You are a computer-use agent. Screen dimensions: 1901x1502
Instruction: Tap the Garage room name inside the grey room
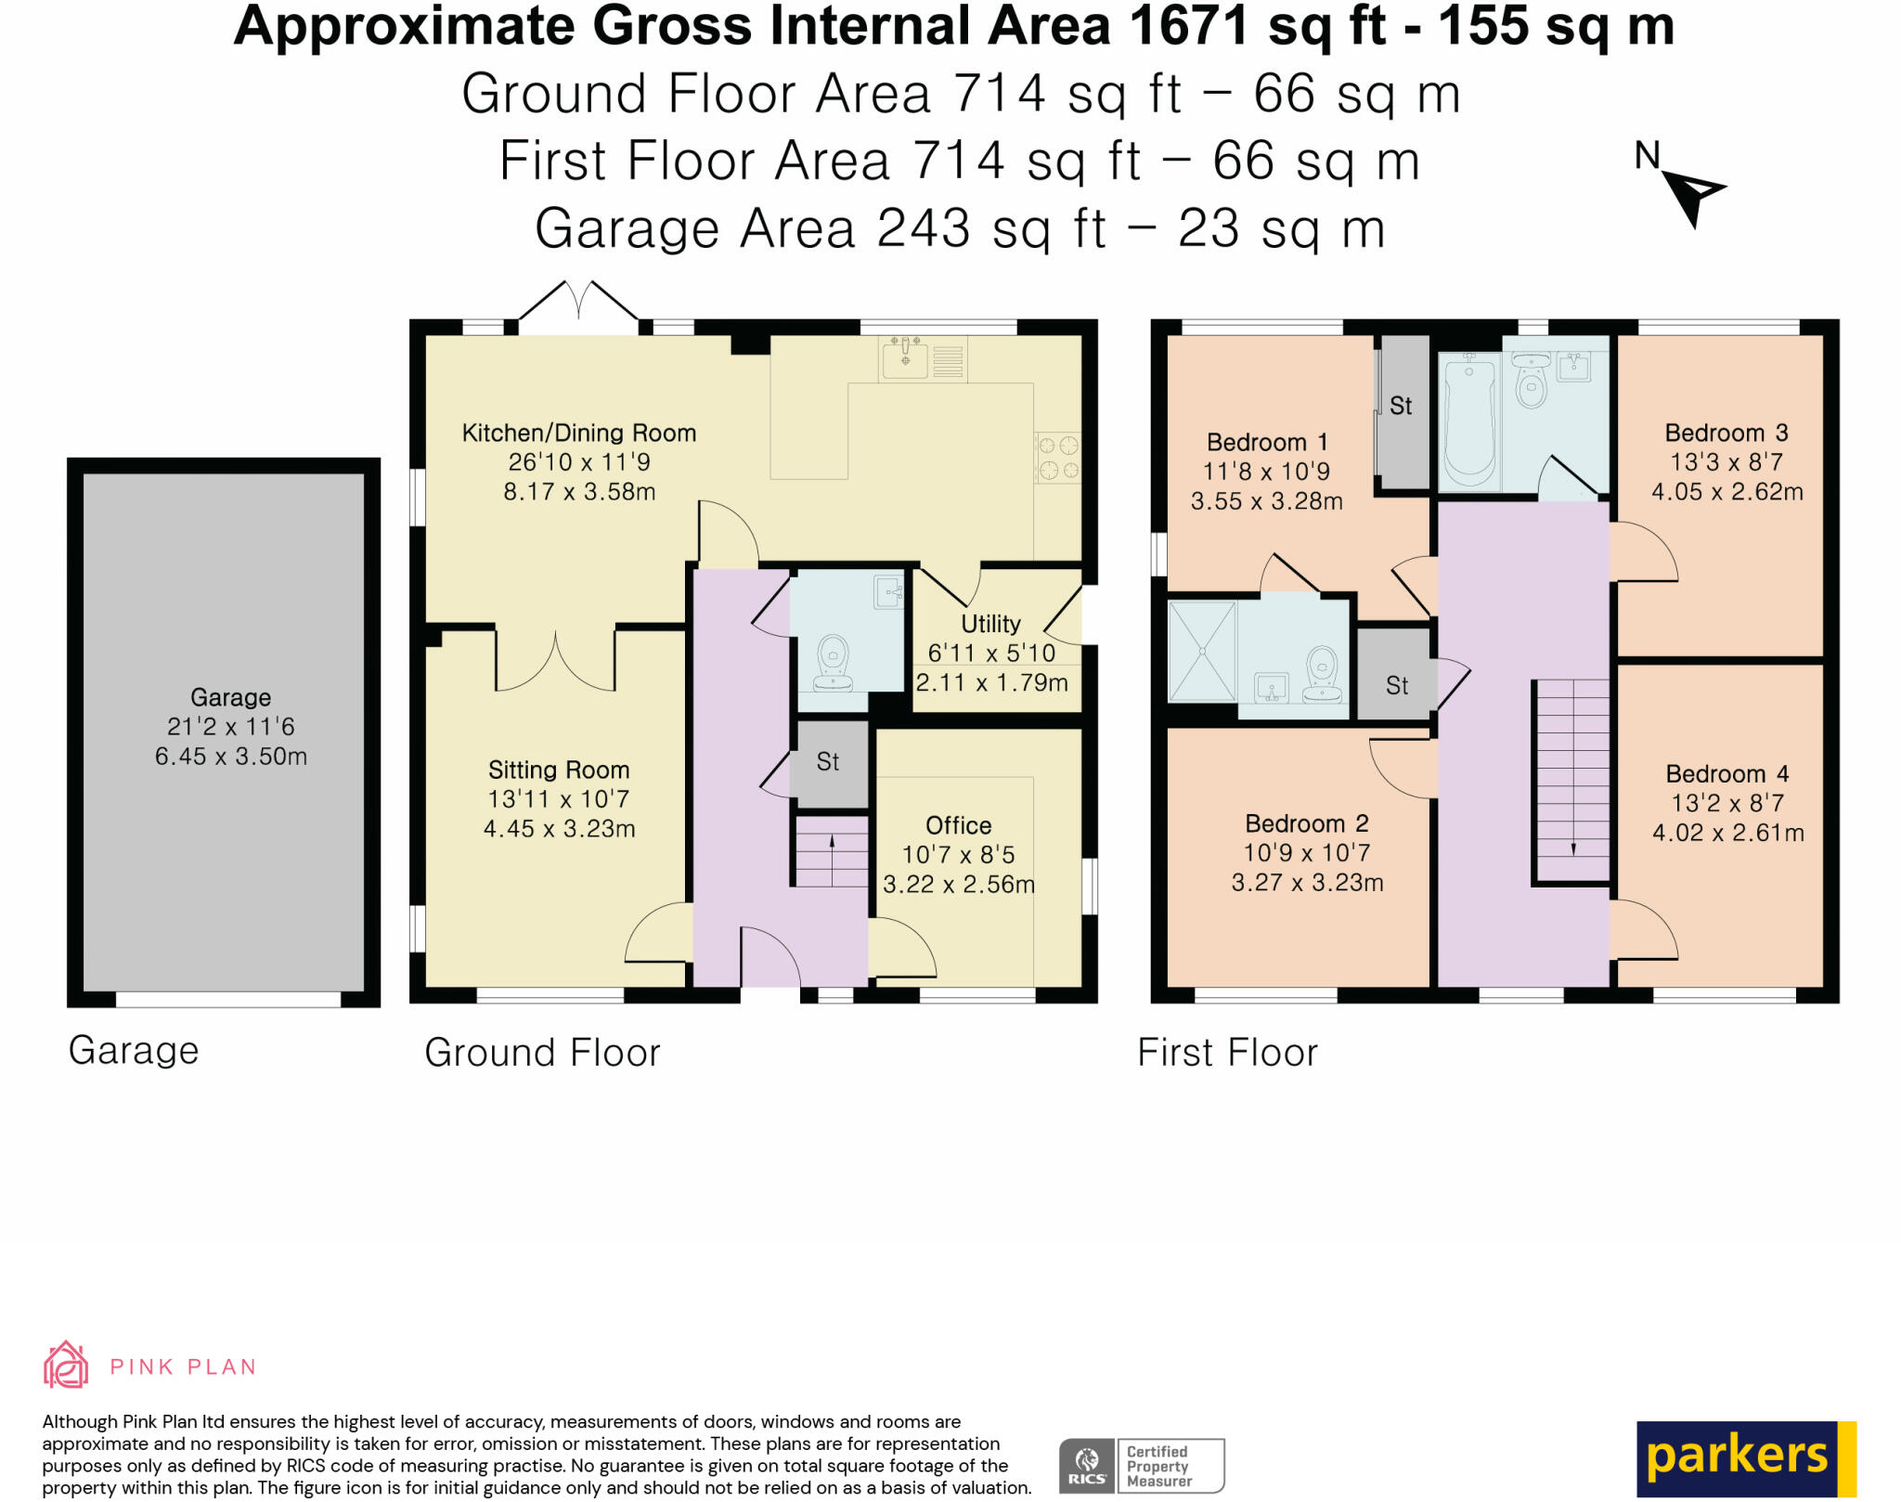pos(230,697)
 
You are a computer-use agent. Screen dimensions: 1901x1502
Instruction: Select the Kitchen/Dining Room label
pos(579,433)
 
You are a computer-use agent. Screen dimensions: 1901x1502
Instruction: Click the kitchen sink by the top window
pos(905,358)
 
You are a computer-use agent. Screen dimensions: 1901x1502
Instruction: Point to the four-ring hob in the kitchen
pos(1057,458)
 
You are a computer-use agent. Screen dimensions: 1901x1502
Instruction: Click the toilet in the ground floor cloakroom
pos(833,663)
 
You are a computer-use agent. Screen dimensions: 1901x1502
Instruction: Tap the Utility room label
pos(990,624)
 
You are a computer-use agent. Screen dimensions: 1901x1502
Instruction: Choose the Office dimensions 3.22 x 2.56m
pos(959,885)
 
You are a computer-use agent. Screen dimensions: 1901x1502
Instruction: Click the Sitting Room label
pos(559,770)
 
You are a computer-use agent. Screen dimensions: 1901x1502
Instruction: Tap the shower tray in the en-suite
pos(1202,651)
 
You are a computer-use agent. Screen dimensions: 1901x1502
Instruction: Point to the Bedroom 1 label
pos(1266,442)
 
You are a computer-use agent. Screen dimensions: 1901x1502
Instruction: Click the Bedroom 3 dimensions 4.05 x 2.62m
pos(1726,492)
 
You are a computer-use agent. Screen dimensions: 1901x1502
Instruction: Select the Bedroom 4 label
pos(1726,774)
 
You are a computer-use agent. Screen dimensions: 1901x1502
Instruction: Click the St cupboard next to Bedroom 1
pos(1403,412)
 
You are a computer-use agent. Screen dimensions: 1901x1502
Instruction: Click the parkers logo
pos(1746,1458)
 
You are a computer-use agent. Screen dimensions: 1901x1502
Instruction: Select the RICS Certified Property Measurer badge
pos(1142,1466)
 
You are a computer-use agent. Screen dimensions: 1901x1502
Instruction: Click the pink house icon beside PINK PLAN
pos(66,1365)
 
